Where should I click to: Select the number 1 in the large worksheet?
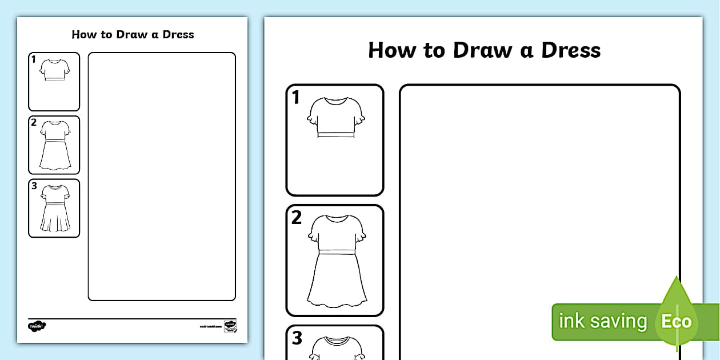point(295,98)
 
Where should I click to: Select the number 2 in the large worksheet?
point(296,218)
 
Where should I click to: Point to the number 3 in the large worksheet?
point(297,338)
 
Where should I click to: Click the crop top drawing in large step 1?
point(336,118)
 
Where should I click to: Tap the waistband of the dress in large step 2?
point(337,252)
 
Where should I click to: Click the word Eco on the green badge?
point(677,321)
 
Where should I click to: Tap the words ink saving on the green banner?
point(602,321)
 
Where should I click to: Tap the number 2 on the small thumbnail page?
point(34,122)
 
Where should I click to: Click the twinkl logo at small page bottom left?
point(37,326)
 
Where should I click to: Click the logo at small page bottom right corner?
point(230,326)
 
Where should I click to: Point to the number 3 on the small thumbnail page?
point(34,186)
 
